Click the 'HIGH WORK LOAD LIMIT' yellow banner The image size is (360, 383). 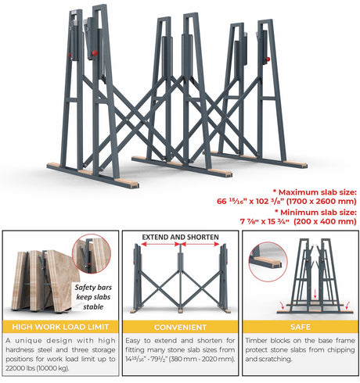(60, 327)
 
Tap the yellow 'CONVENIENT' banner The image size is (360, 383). (180, 327)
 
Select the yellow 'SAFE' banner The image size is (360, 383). (301, 327)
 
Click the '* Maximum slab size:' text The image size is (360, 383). (315, 191)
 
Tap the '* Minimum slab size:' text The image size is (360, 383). (315, 212)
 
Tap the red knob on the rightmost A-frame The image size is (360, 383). (267, 59)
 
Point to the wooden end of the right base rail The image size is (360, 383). (296, 165)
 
